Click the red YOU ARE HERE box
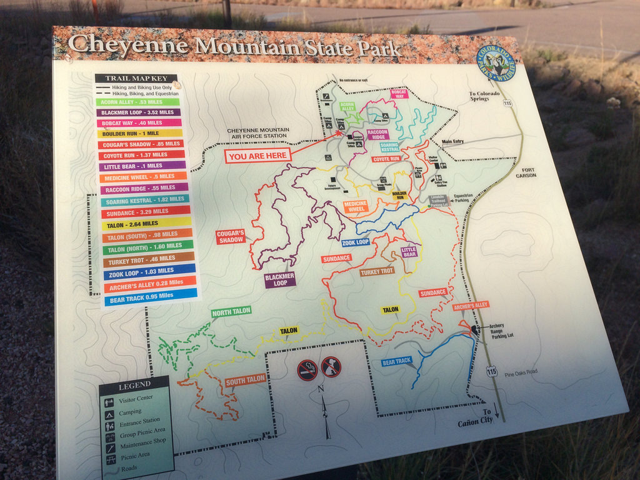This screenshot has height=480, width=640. pos(257,156)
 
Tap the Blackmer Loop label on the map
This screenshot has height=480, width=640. pos(279,280)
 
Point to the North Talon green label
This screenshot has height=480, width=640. pos(231,312)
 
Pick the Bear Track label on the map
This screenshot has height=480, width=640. pos(397,361)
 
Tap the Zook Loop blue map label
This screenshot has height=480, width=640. pos(355,242)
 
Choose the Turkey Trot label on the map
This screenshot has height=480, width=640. pos(377,272)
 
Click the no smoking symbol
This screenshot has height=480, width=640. pos(307,370)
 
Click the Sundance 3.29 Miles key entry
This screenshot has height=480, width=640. pos(144,212)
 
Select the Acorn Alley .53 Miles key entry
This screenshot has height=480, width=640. pos(137,102)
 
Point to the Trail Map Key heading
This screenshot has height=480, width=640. pos(135,79)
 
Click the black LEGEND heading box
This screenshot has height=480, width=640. pos(134,384)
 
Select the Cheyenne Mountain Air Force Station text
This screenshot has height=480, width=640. pos(257,133)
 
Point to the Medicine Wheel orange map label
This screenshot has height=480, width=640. pos(354,206)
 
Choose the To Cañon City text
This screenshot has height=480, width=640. pos(476,417)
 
